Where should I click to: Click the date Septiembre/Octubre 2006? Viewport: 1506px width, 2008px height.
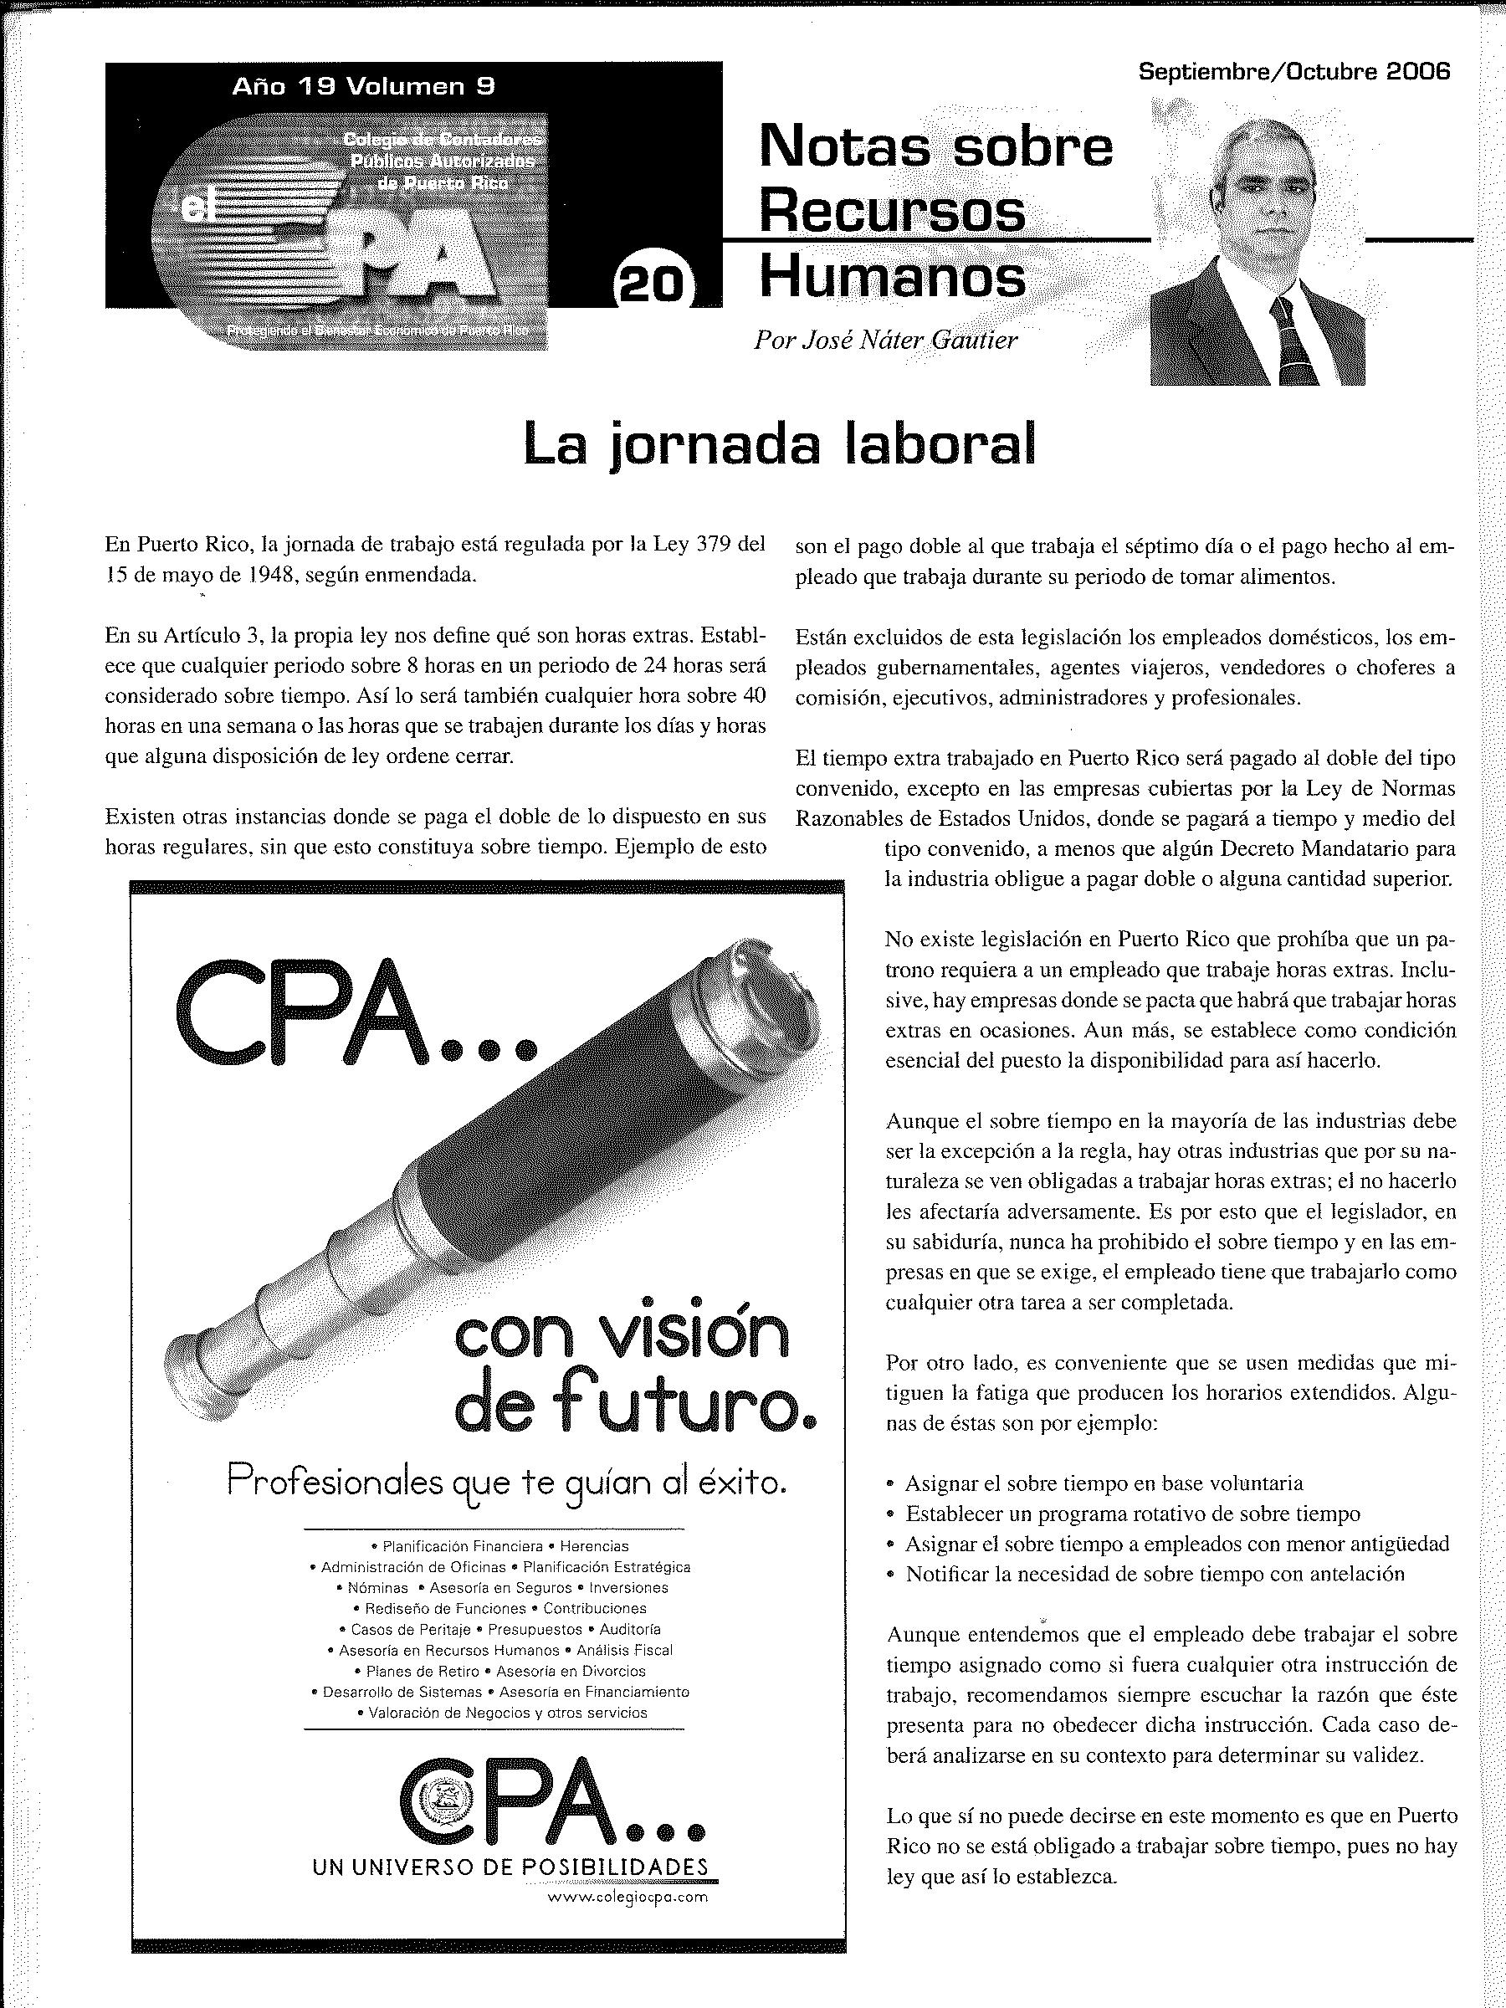tap(1293, 72)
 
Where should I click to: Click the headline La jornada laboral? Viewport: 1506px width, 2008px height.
tap(780, 446)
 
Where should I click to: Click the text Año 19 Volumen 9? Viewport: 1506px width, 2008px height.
tap(363, 86)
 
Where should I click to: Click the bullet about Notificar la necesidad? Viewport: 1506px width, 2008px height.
tap(1154, 1573)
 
